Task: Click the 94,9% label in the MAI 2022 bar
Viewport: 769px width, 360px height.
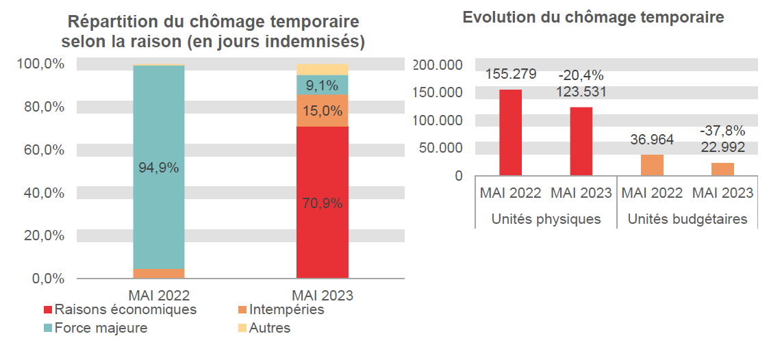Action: pyautogui.click(x=158, y=168)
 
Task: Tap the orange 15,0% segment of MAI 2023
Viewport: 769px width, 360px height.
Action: pyautogui.click(x=322, y=111)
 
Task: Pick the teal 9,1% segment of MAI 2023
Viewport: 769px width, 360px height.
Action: pyautogui.click(x=322, y=86)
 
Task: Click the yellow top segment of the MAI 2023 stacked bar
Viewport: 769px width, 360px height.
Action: pyautogui.click(x=322, y=69)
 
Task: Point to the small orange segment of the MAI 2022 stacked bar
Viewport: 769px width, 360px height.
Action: pyautogui.click(x=158, y=274)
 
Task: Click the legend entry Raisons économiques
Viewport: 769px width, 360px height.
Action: pyautogui.click(x=121, y=310)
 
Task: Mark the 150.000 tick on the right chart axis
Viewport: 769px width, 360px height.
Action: pyautogui.click(x=438, y=92)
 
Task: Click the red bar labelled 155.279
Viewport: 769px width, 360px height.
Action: pyautogui.click(x=510, y=133)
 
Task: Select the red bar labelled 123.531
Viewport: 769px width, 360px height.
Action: pyautogui.click(x=581, y=141)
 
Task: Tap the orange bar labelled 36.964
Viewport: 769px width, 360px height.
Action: pyautogui.click(x=652, y=165)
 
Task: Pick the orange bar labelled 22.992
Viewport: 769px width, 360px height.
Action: pyautogui.click(x=723, y=169)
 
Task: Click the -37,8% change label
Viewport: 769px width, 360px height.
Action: pyautogui.click(x=722, y=131)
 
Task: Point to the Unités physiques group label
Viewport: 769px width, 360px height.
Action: pyautogui.click(x=546, y=220)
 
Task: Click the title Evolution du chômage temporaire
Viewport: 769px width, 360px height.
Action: pyautogui.click(x=593, y=18)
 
